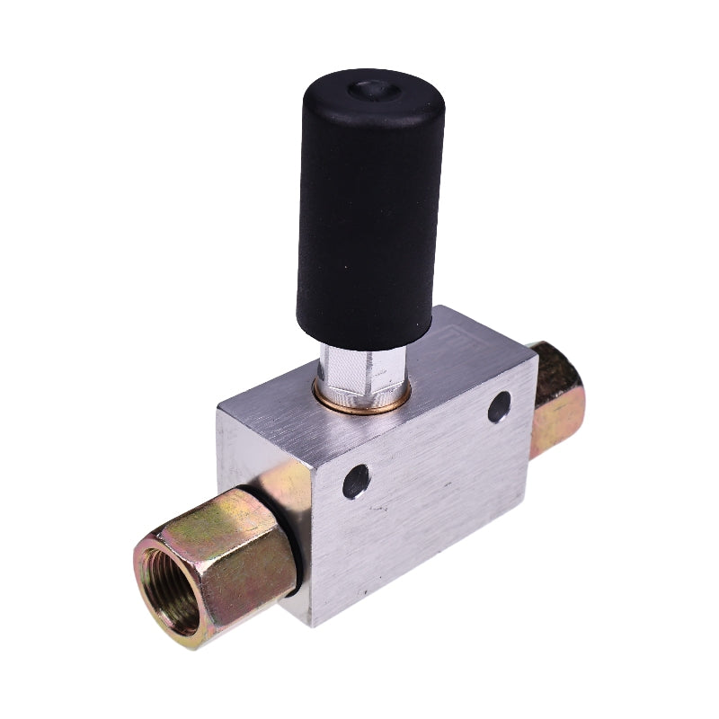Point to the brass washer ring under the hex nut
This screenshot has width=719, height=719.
click(x=359, y=402)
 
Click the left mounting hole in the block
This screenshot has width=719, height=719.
click(x=356, y=481)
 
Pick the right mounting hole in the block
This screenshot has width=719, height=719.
click(x=500, y=406)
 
